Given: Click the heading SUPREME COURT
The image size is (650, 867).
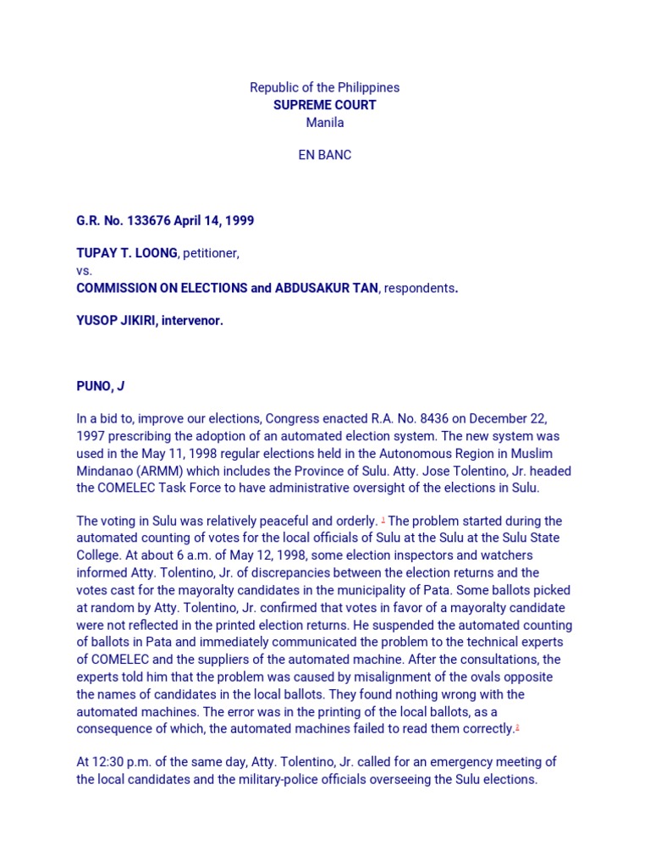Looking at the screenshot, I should tap(324, 105).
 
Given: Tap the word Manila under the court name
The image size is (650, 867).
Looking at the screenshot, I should tap(324, 122).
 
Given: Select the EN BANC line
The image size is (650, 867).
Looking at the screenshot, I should tap(324, 155).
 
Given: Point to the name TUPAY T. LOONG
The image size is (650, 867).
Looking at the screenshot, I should tap(127, 253).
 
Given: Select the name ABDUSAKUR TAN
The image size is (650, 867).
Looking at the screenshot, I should tap(327, 288).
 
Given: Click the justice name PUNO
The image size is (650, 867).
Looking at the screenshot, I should tap(94, 386).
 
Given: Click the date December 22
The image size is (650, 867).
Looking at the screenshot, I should tap(503, 419).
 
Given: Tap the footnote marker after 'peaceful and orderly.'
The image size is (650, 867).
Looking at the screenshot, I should tap(383, 519).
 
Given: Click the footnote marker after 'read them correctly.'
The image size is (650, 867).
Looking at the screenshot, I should tap(517, 726).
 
